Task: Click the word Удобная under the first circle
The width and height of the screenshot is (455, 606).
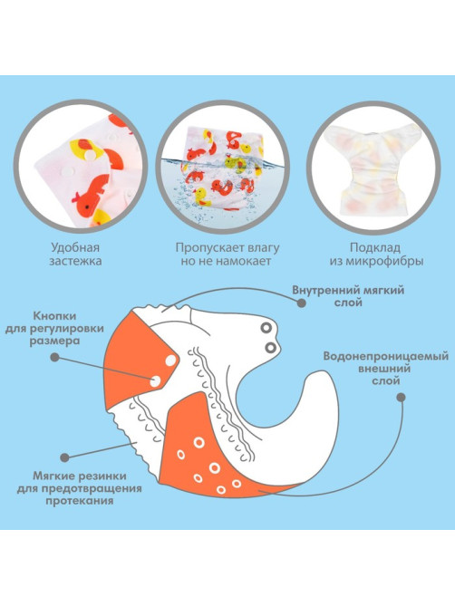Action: point(75,247)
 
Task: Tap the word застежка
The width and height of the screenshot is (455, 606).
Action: point(75,261)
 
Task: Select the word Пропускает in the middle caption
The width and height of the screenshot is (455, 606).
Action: point(204,247)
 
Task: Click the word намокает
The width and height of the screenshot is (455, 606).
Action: point(243,261)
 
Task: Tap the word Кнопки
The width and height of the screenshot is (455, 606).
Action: point(54,316)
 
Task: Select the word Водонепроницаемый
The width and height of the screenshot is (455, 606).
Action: point(386,356)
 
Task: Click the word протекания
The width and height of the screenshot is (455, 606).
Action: point(79,501)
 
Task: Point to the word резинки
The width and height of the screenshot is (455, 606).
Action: point(102,476)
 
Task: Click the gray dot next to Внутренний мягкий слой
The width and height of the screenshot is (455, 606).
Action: point(302,303)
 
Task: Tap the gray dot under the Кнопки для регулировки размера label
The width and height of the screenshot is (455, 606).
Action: point(55,357)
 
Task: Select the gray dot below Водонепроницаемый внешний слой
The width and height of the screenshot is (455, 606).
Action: point(402,398)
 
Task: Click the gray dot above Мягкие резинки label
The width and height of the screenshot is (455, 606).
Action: point(65,457)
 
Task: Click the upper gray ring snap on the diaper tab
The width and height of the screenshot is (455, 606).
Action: point(266,329)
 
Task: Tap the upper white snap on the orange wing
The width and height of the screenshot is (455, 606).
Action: point(171,361)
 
